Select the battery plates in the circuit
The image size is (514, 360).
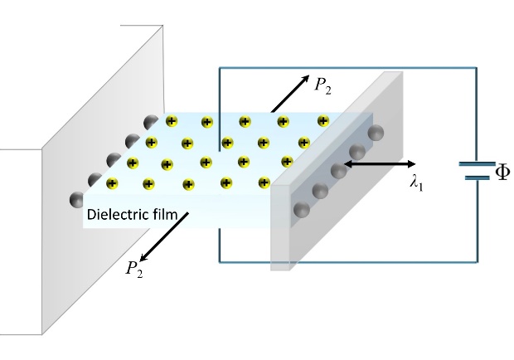(x=475, y=171)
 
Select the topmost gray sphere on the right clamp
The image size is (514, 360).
(x=376, y=133)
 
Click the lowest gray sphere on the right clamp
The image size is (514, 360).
(x=300, y=208)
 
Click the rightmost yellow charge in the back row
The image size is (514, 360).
(x=321, y=123)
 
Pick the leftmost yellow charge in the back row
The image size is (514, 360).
(x=172, y=122)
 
